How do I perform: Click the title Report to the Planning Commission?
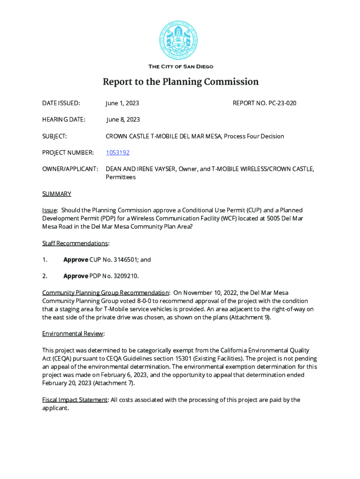click(180, 82)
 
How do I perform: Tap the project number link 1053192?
click(118, 152)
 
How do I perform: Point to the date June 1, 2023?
click(122, 103)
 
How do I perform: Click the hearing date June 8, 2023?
click(123, 120)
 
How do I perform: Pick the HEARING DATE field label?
click(64, 120)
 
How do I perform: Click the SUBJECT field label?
click(54, 136)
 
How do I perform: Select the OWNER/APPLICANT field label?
click(70, 168)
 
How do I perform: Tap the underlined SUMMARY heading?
click(57, 194)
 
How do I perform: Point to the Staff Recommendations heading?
click(75, 243)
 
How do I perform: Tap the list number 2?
click(44, 276)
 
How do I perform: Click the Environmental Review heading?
click(73, 334)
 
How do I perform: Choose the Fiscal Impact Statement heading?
click(75, 400)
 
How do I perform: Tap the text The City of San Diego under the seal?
click(180, 67)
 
